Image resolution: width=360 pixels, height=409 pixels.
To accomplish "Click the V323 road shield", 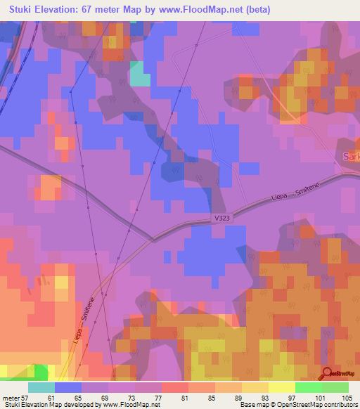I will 223,219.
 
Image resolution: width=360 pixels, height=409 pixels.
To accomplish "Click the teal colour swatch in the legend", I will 41,387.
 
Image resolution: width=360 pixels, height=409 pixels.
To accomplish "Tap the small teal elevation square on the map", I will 140,74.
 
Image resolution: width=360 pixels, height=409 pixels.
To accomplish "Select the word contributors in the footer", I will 340,405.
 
